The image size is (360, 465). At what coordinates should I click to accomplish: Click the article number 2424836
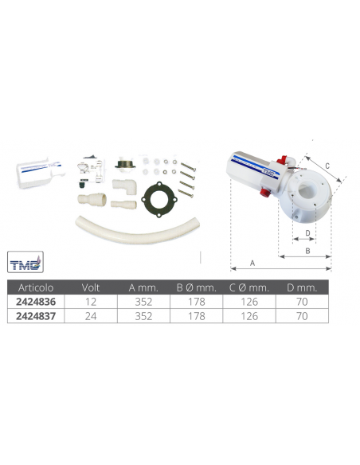tap(32, 302)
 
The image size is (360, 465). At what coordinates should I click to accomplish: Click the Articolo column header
tap(32, 288)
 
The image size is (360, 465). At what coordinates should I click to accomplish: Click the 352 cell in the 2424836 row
tap(137, 302)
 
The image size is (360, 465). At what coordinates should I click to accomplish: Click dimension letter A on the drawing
tap(253, 262)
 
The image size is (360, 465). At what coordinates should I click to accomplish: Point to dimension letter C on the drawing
tap(327, 165)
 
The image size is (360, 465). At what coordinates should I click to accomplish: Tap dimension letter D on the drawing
tap(297, 232)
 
